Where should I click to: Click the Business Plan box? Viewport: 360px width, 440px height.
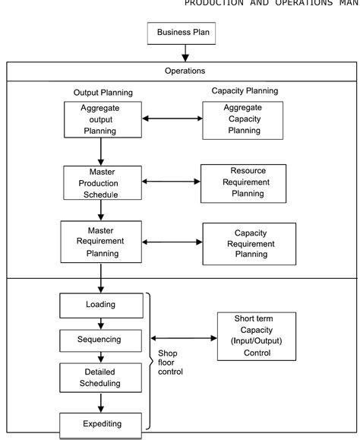point(185,33)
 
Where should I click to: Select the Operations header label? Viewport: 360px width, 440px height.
point(185,71)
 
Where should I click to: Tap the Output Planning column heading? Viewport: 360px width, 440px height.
point(103,93)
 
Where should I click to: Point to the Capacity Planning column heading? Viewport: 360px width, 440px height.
point(244,90)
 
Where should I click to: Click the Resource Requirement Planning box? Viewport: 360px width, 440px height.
point(243,183)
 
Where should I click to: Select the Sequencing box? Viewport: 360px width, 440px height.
point(100,338)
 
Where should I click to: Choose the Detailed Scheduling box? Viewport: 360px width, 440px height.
point(100,378)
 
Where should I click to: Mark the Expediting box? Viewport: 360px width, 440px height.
point(100,423)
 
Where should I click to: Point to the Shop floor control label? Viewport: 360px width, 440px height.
point(172,361)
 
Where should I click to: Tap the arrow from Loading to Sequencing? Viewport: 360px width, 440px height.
point(100,323)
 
